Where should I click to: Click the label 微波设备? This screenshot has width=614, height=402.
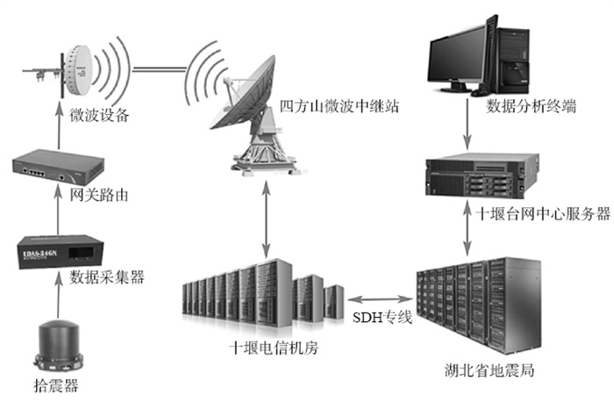coord(98,114)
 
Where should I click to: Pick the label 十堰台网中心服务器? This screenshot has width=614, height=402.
coord(542,212)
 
